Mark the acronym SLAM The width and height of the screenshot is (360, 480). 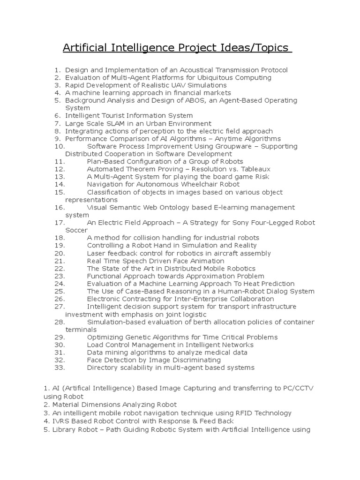tap(114, 123)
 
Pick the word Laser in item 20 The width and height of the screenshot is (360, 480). tap(96, 253)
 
